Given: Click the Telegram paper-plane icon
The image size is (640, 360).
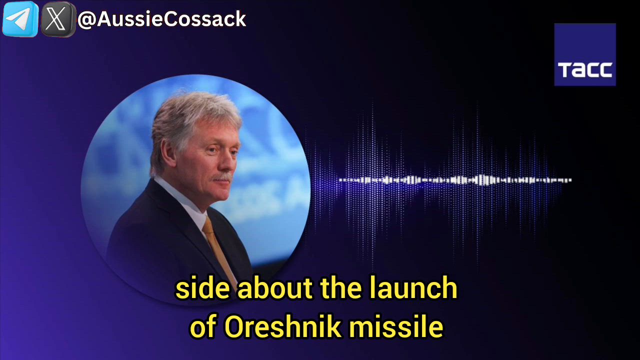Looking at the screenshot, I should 20,19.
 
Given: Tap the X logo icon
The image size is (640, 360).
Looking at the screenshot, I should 57,19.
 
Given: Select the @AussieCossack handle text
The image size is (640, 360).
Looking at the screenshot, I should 161,19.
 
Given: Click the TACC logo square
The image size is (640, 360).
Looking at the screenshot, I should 584,54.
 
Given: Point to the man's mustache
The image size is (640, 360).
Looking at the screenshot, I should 223,176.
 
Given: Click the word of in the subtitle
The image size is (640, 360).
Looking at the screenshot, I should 202,327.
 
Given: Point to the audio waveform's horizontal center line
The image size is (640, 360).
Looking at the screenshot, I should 455,180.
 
